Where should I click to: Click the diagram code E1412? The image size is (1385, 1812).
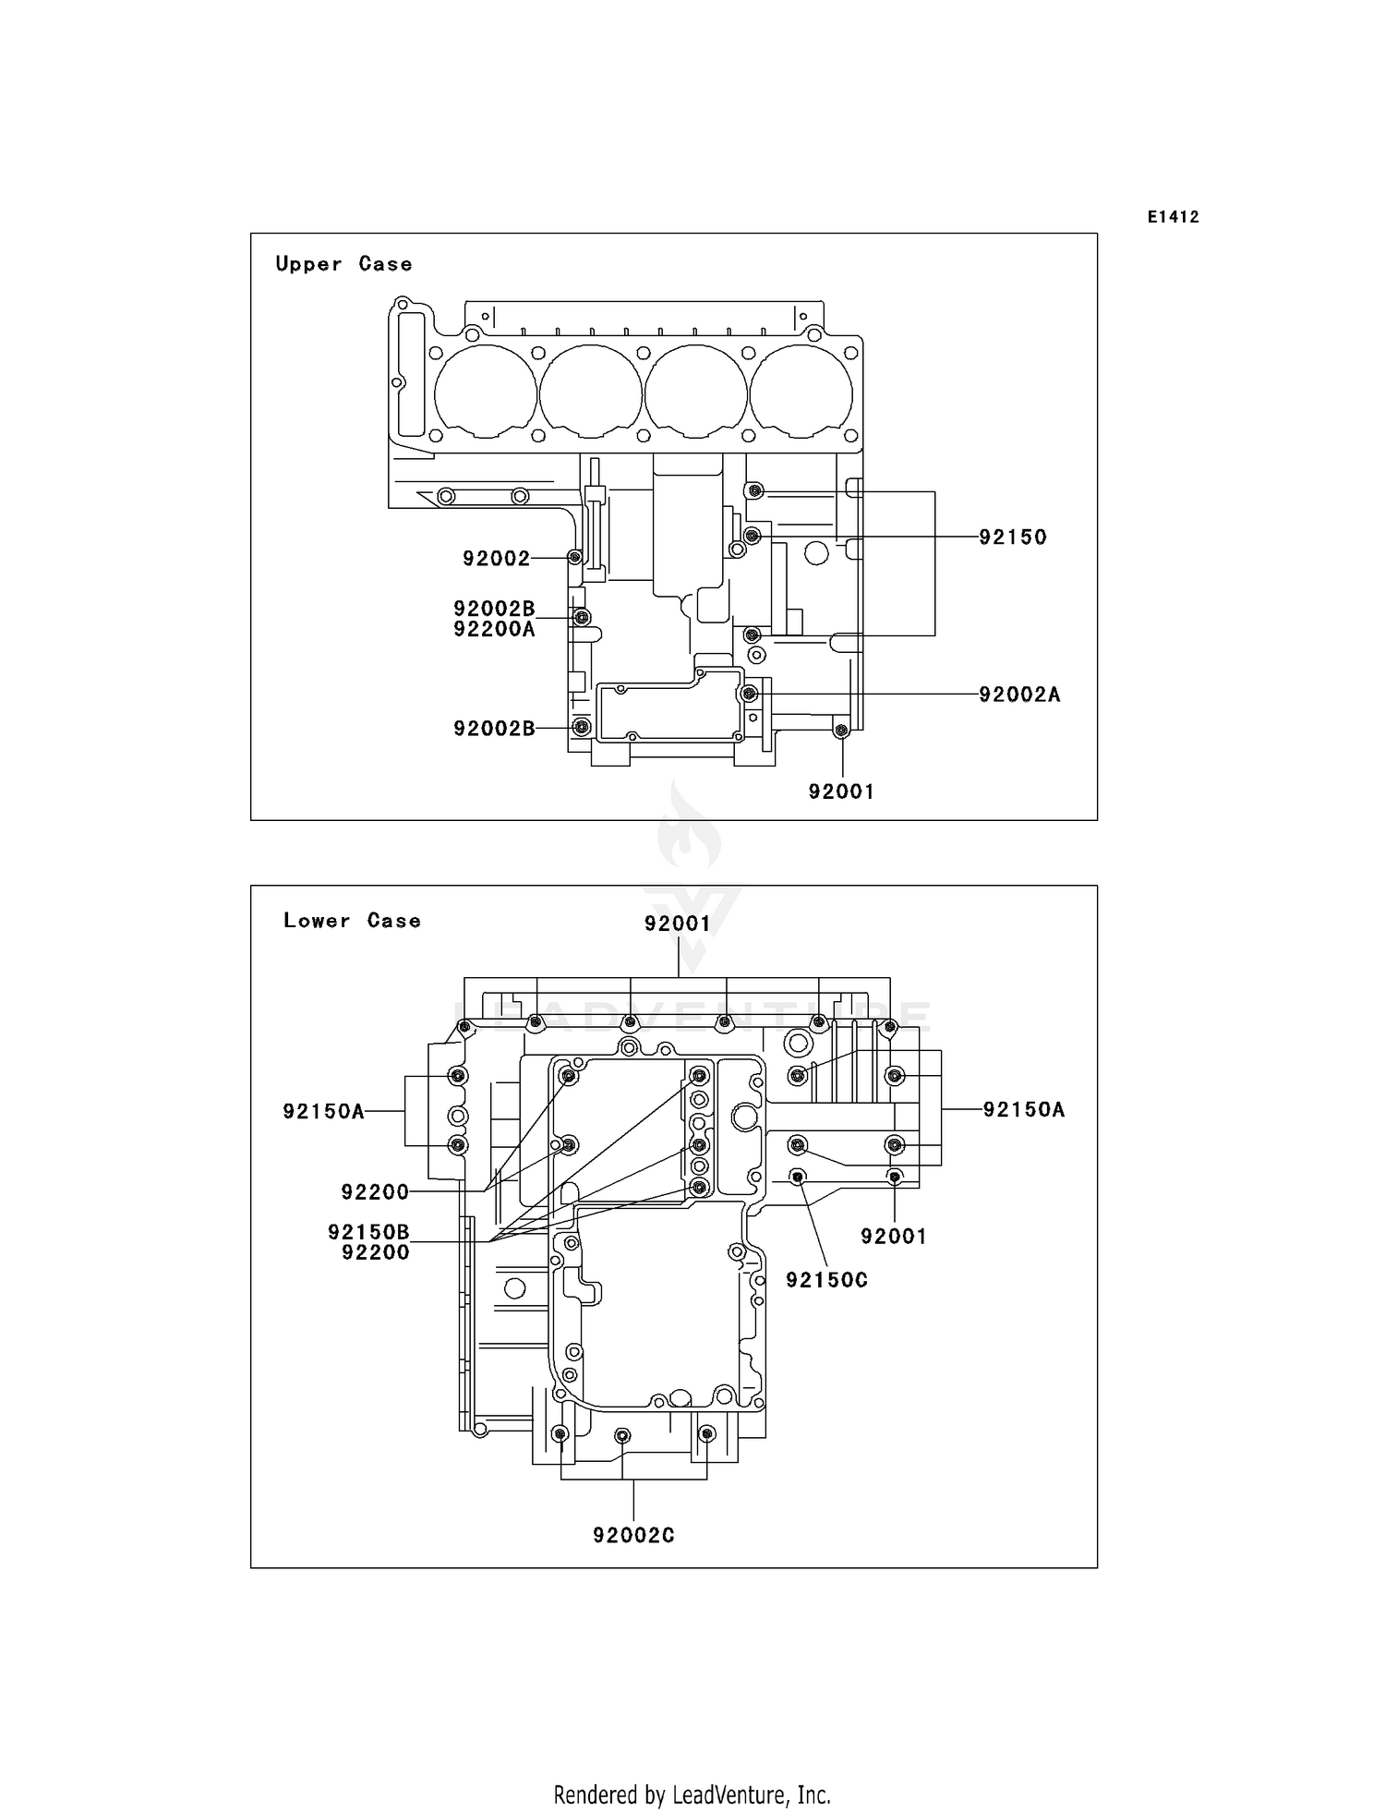tap(1173, 217)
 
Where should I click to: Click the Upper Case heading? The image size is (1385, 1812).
tap(343, 264)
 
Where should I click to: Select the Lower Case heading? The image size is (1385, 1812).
tap(352, 921)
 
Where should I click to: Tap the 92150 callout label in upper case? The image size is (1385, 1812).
tap(1012, 538)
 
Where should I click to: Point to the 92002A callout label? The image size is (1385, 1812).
tap(1019, 695)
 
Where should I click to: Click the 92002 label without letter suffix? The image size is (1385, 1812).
tap(496, 559)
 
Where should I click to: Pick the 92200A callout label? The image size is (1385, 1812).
tap(494, 630)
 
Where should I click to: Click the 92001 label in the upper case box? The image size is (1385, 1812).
tap(840, 791)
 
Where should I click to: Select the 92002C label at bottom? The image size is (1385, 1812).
tap(633, 1535)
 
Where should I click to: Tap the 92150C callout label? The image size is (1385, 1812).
tap(826, 1280)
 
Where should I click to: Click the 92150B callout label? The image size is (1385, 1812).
tap(368, 1232)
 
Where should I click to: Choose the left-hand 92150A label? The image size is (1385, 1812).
tap(323, 1111)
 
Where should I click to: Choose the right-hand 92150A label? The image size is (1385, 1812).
tap(1023, 1109)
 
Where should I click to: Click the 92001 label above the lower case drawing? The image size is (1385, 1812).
tap(677, 924)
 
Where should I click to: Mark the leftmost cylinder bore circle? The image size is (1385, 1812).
tap(485, 393)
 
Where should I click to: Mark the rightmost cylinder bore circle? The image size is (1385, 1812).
tap(801, 393)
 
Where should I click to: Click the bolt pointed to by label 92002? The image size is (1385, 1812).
tap(574, 557)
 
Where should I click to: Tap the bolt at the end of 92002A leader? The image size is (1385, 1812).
tap(750, 694)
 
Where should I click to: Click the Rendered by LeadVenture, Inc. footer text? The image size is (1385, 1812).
tap(692, 1794)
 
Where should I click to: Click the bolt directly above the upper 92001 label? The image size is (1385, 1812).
tap(840, 731)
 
